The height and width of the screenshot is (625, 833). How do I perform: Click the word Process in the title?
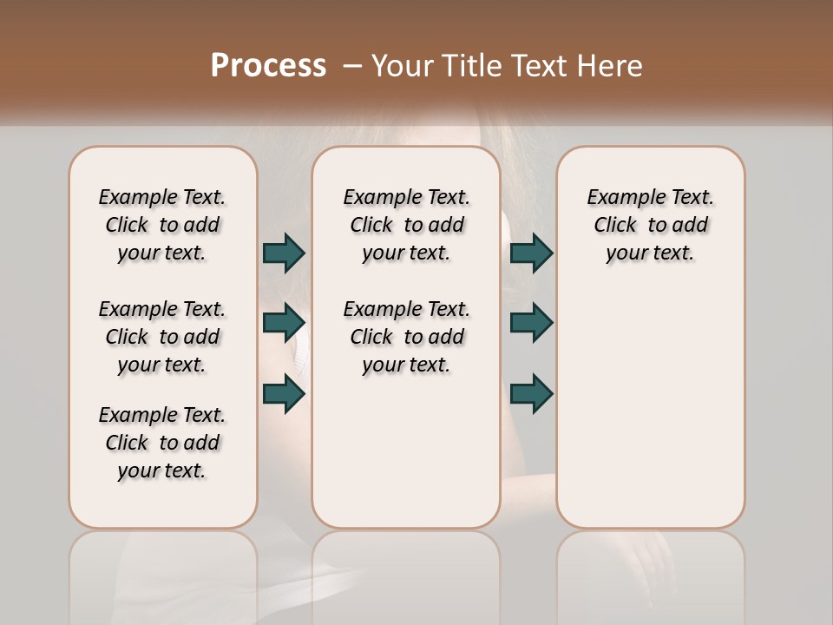pyautogui.click(x=268, y=65)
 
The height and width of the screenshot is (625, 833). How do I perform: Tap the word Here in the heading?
pyautogui.click(x=609, y=66)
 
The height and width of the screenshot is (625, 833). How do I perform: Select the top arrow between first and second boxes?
pyautogui.click(x=285, y=253)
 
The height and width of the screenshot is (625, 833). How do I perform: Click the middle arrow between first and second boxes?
pyautogui.click(x=285, y=323)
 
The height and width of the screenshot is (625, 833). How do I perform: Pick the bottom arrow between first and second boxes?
pyautogui.click(x=285, y=393)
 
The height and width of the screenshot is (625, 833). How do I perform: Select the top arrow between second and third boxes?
pyautogui.click(x=532, y=253)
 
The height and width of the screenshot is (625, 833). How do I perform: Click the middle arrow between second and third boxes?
pyautogui.click(x=532, y=323)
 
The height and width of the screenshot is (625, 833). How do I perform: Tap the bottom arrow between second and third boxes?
pyautogui.click(x=532, y=393)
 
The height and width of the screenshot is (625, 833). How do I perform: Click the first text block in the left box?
pyautogui.click(x=162, y=225)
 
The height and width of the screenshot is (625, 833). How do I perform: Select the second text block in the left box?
pyautogui.click(x=162, y=337)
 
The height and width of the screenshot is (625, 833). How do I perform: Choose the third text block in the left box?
pyautogui.click(x=162, y=443)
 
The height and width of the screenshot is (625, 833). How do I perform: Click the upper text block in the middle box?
pyautogui.click(x=406, y=225)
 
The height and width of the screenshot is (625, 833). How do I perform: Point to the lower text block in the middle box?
pyautogui.click(x=406, y=337)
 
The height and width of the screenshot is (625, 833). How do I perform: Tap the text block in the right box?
pyautogui.click(x=650, y=225)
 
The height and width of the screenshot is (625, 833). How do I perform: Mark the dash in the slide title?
pyautogui.click(x=352, y=66)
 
